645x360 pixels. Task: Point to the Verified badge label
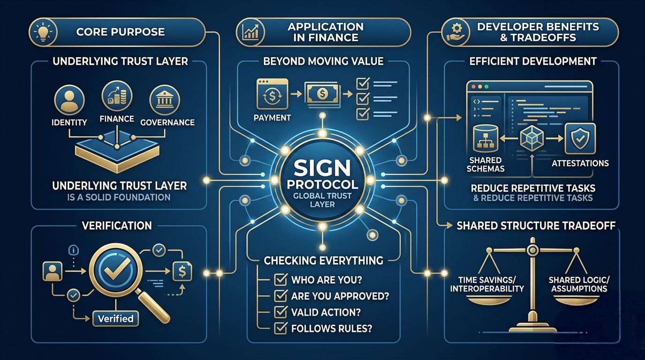(116, 319)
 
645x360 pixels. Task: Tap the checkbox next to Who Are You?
(280, 280)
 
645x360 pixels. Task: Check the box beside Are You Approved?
(280, 296)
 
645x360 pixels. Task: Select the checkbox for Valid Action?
(280, 312)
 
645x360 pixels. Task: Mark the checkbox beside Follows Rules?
(280, 328)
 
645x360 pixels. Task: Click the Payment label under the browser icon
(272, 117)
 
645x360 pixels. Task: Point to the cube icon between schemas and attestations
(532, 139)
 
